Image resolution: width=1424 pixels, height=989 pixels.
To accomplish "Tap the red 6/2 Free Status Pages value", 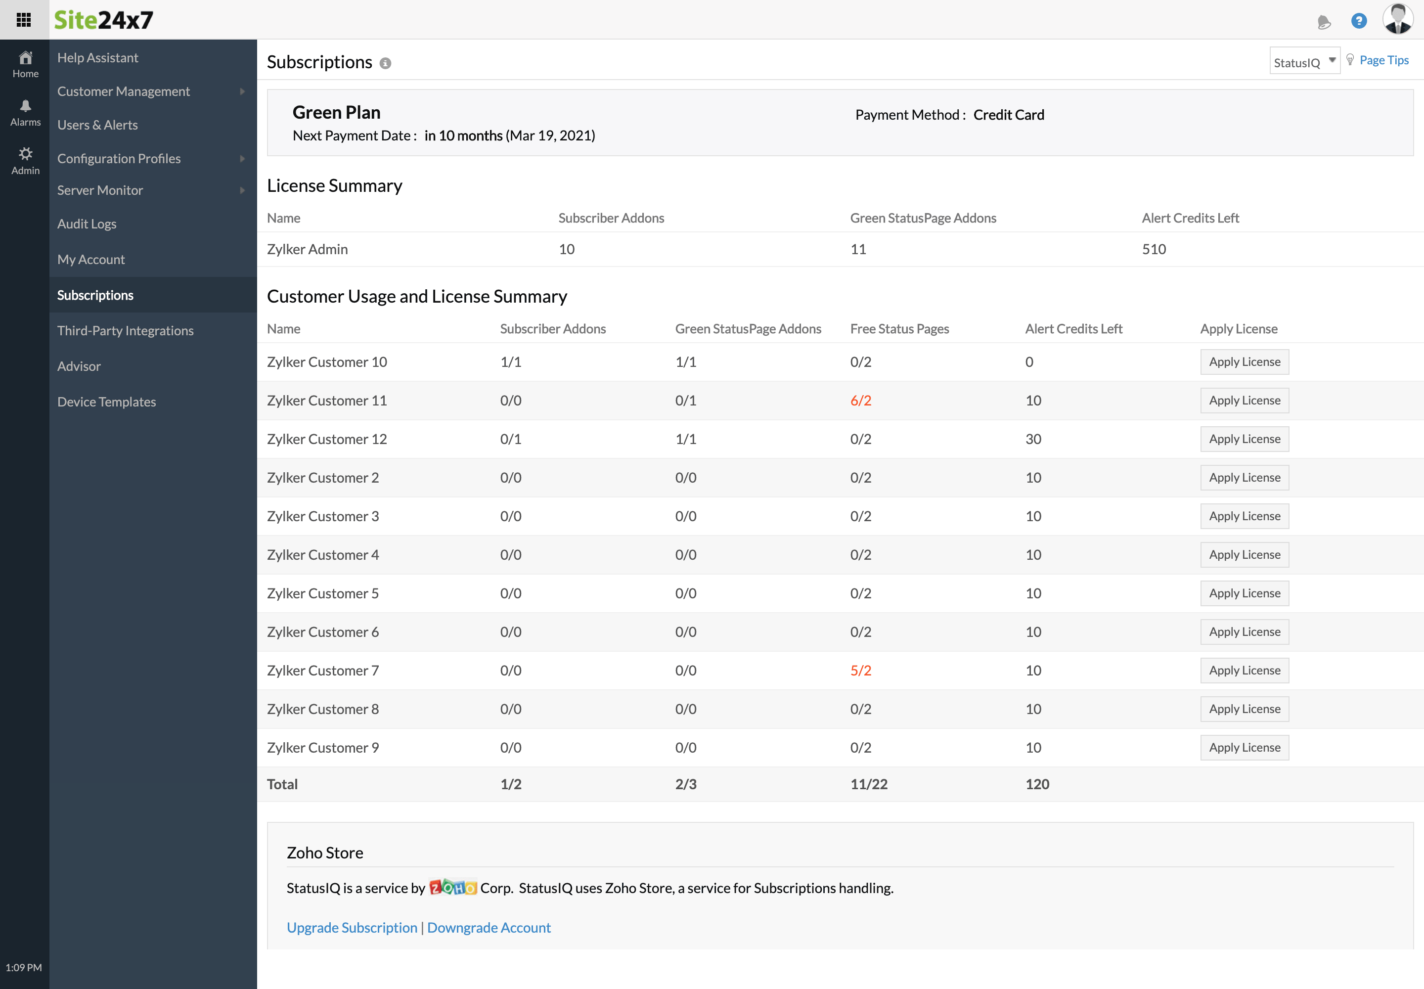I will point(860,401).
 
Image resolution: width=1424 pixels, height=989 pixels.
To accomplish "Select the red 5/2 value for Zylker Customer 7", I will point(860,671).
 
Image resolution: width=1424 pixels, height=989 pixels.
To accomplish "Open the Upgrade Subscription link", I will point(352,928).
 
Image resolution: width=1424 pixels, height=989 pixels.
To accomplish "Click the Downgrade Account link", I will point(489,928).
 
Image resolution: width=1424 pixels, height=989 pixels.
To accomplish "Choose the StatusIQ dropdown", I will point(1304,61).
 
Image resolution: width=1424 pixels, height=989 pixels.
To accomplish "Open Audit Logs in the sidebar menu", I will point(87,224).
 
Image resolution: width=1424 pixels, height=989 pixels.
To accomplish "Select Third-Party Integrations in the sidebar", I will point(125,330).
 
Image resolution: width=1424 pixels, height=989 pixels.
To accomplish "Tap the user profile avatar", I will point(1397,19).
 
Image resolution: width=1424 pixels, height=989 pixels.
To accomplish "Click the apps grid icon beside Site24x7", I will point(24,20).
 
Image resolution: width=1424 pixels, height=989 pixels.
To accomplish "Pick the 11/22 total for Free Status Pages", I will point(868,784).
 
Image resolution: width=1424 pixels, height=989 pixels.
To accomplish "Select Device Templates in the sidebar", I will point(107,402).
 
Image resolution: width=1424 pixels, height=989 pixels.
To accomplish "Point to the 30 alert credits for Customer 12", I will point(1032,439).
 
